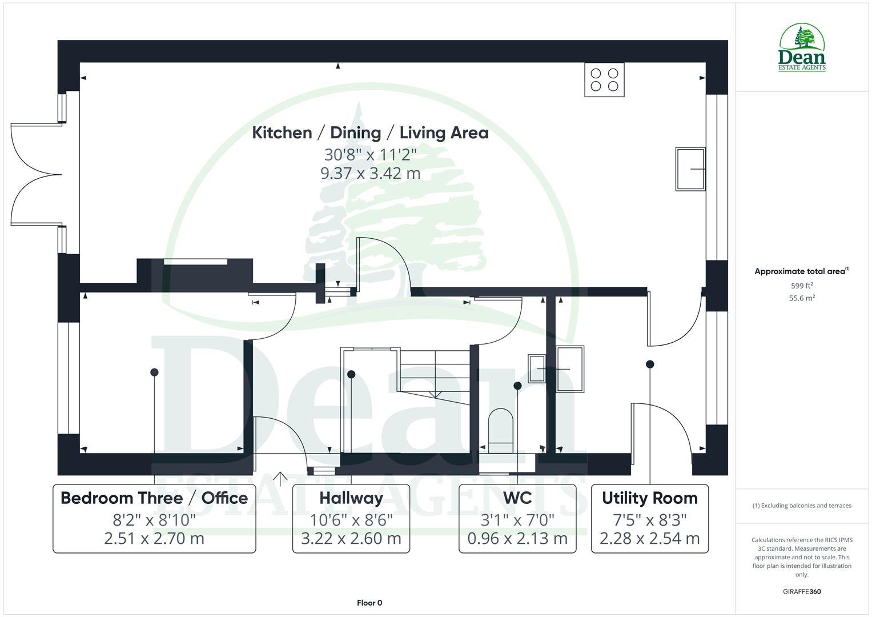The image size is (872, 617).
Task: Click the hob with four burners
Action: tap(604, 80)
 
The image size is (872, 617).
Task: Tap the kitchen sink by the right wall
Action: tap(690, 169)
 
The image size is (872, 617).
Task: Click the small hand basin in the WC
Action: tap(537, 368)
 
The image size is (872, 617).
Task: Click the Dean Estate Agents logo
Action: tap(802, 48)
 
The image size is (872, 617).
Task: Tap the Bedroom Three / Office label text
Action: tap(154, 498)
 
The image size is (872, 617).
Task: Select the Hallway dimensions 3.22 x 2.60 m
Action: tap(351, 538)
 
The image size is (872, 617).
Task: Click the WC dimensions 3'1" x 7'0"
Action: tap(517, 520)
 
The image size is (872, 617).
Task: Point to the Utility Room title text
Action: tap(649, 498)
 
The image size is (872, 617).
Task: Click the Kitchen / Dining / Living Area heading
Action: tap(370, 133)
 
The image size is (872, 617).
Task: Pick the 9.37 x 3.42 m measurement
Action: tap(370, 173)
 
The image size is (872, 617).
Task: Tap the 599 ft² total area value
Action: tap(802, 286)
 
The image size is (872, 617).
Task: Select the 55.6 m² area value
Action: tap(802, 298)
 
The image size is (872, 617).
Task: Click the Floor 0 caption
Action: tap(369, 603)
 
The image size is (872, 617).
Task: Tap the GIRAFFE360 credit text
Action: tap(802, 592)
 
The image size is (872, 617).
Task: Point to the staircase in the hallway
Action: tap(435, 371)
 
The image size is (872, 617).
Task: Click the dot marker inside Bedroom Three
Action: tap(154, 372)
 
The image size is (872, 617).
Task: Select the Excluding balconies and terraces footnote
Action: tap(802, 506)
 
